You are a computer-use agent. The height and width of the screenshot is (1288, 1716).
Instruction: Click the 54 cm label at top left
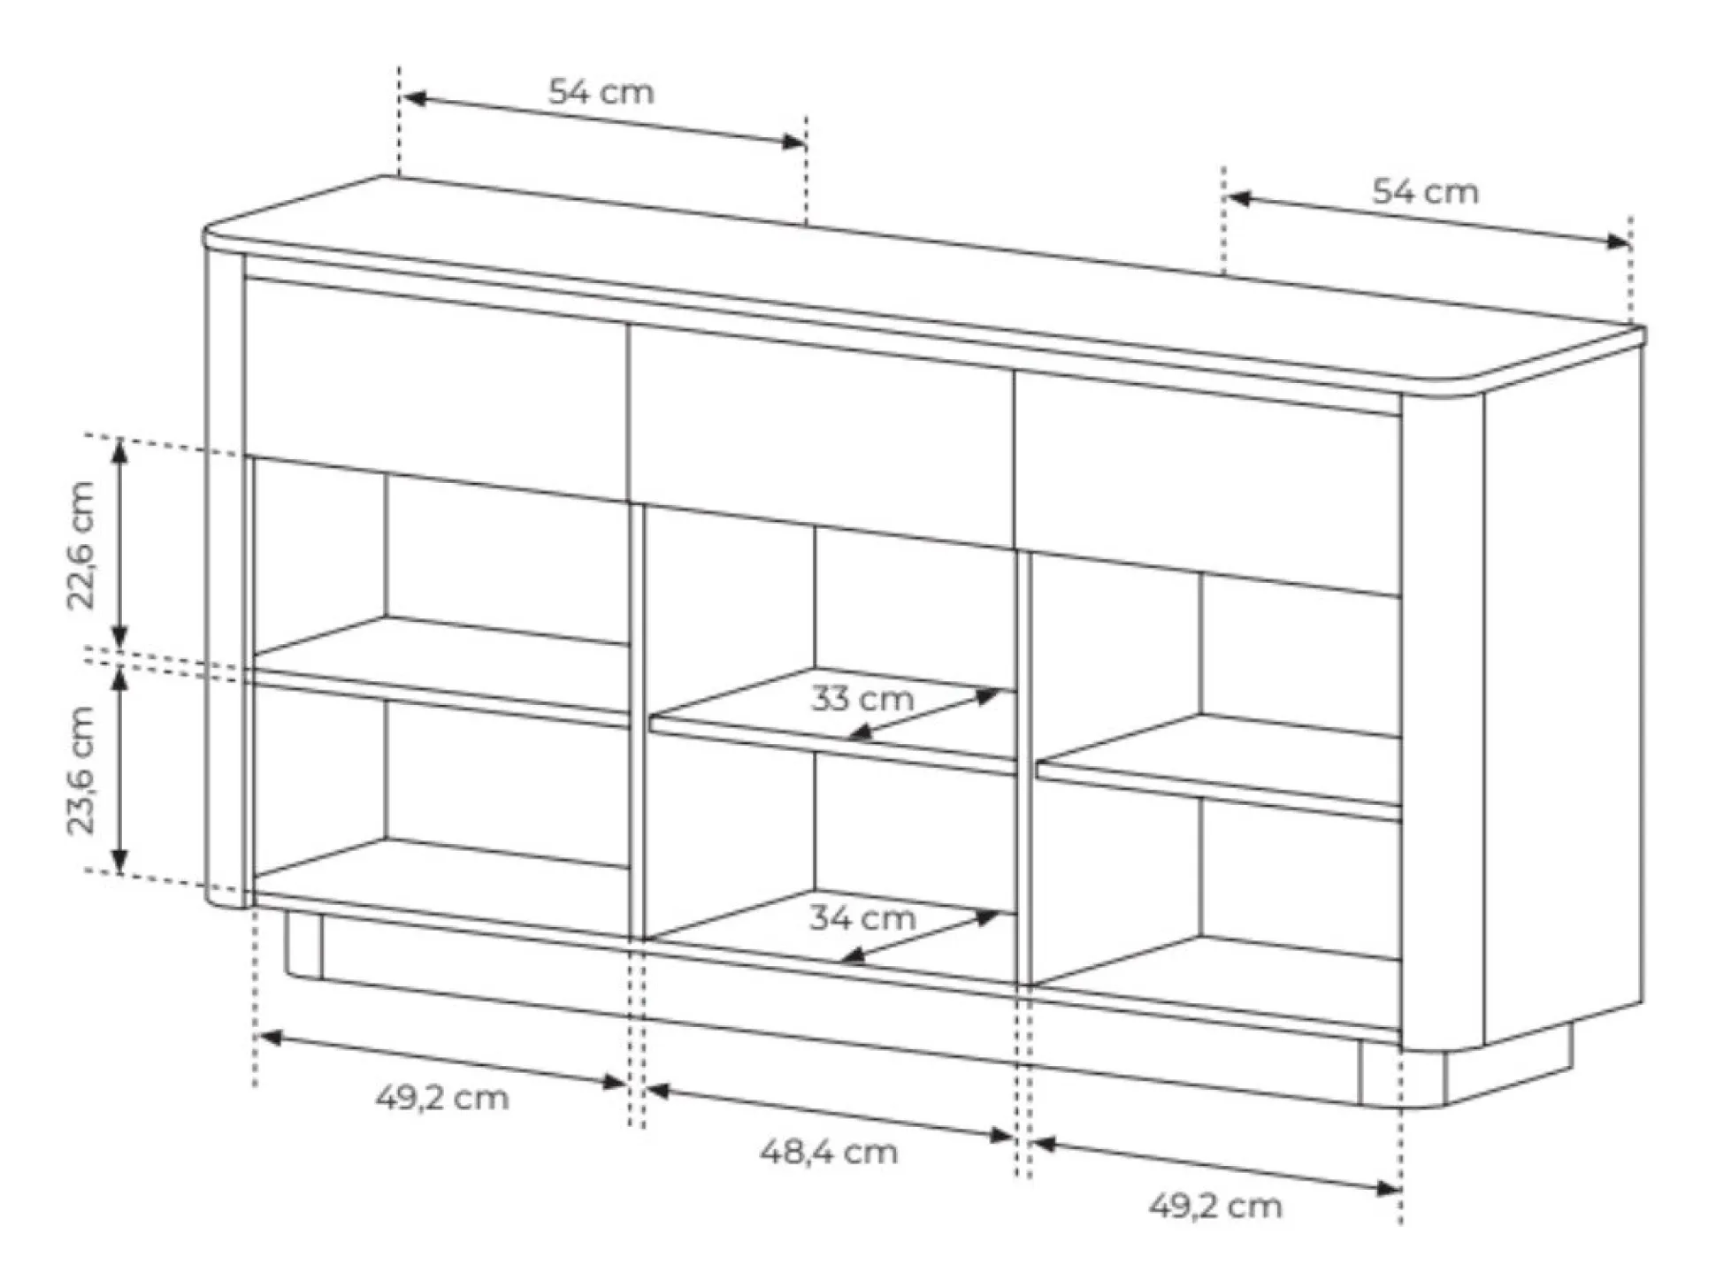(601, 92)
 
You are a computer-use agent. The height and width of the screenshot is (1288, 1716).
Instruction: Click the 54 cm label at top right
(1425, 192)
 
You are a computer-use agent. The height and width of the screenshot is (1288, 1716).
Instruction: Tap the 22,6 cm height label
(81, 545)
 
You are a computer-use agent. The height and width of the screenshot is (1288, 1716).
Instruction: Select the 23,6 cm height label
(81, 770)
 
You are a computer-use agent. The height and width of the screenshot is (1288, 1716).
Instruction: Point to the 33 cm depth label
(862, 699)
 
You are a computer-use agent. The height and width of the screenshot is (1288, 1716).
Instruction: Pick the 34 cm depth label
(862, 918)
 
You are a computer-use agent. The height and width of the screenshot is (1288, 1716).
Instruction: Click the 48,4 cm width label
(829, 1153)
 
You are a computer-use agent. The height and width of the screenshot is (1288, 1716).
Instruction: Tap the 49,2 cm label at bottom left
(442, 1099)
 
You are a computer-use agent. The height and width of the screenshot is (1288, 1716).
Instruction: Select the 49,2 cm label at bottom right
(1215, 1207)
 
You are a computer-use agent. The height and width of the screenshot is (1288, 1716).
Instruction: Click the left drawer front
(436, 390)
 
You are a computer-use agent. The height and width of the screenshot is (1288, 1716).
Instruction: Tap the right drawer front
(1208, 483)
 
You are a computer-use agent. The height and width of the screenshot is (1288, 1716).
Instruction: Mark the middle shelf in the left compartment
(440, 671)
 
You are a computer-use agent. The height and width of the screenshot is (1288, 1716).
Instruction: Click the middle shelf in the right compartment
(1219, 766)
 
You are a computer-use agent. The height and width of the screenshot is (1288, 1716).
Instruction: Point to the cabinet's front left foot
(303, 947)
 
